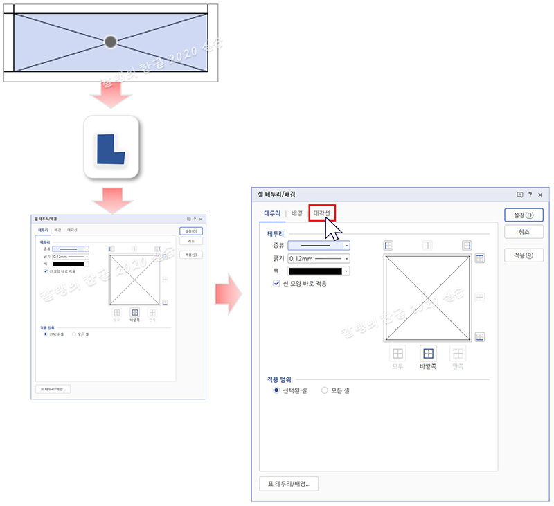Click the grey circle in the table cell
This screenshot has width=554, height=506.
click(x=110, y=42)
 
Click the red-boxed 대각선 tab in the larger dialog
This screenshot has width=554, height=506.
click(x=322, y=213)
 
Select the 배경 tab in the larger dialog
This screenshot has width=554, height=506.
click(x=296, y=213)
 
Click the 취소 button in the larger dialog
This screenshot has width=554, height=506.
click(x=523, y=233)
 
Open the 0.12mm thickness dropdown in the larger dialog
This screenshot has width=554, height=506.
click(x=319, y=258)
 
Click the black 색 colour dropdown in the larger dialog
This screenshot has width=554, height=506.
click(x=319, y=271)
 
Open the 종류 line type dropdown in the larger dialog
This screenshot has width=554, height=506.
click(x=319, y=245)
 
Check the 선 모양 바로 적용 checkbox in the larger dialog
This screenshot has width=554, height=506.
click(x=277, y=284)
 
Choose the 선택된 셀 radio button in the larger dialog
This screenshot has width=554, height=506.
click(x=277, y=391)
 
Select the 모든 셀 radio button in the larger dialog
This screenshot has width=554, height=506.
click(x=325, y=391)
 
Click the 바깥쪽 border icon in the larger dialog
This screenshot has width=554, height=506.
click(x=429, y=354)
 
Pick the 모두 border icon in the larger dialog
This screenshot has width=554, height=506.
click(x=398, y=354)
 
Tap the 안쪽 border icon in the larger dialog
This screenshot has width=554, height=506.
click(x=458, y=354)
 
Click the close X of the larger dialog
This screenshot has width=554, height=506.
click(x=539, y=195)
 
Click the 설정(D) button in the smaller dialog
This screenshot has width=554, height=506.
click(x=191, y=231)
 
